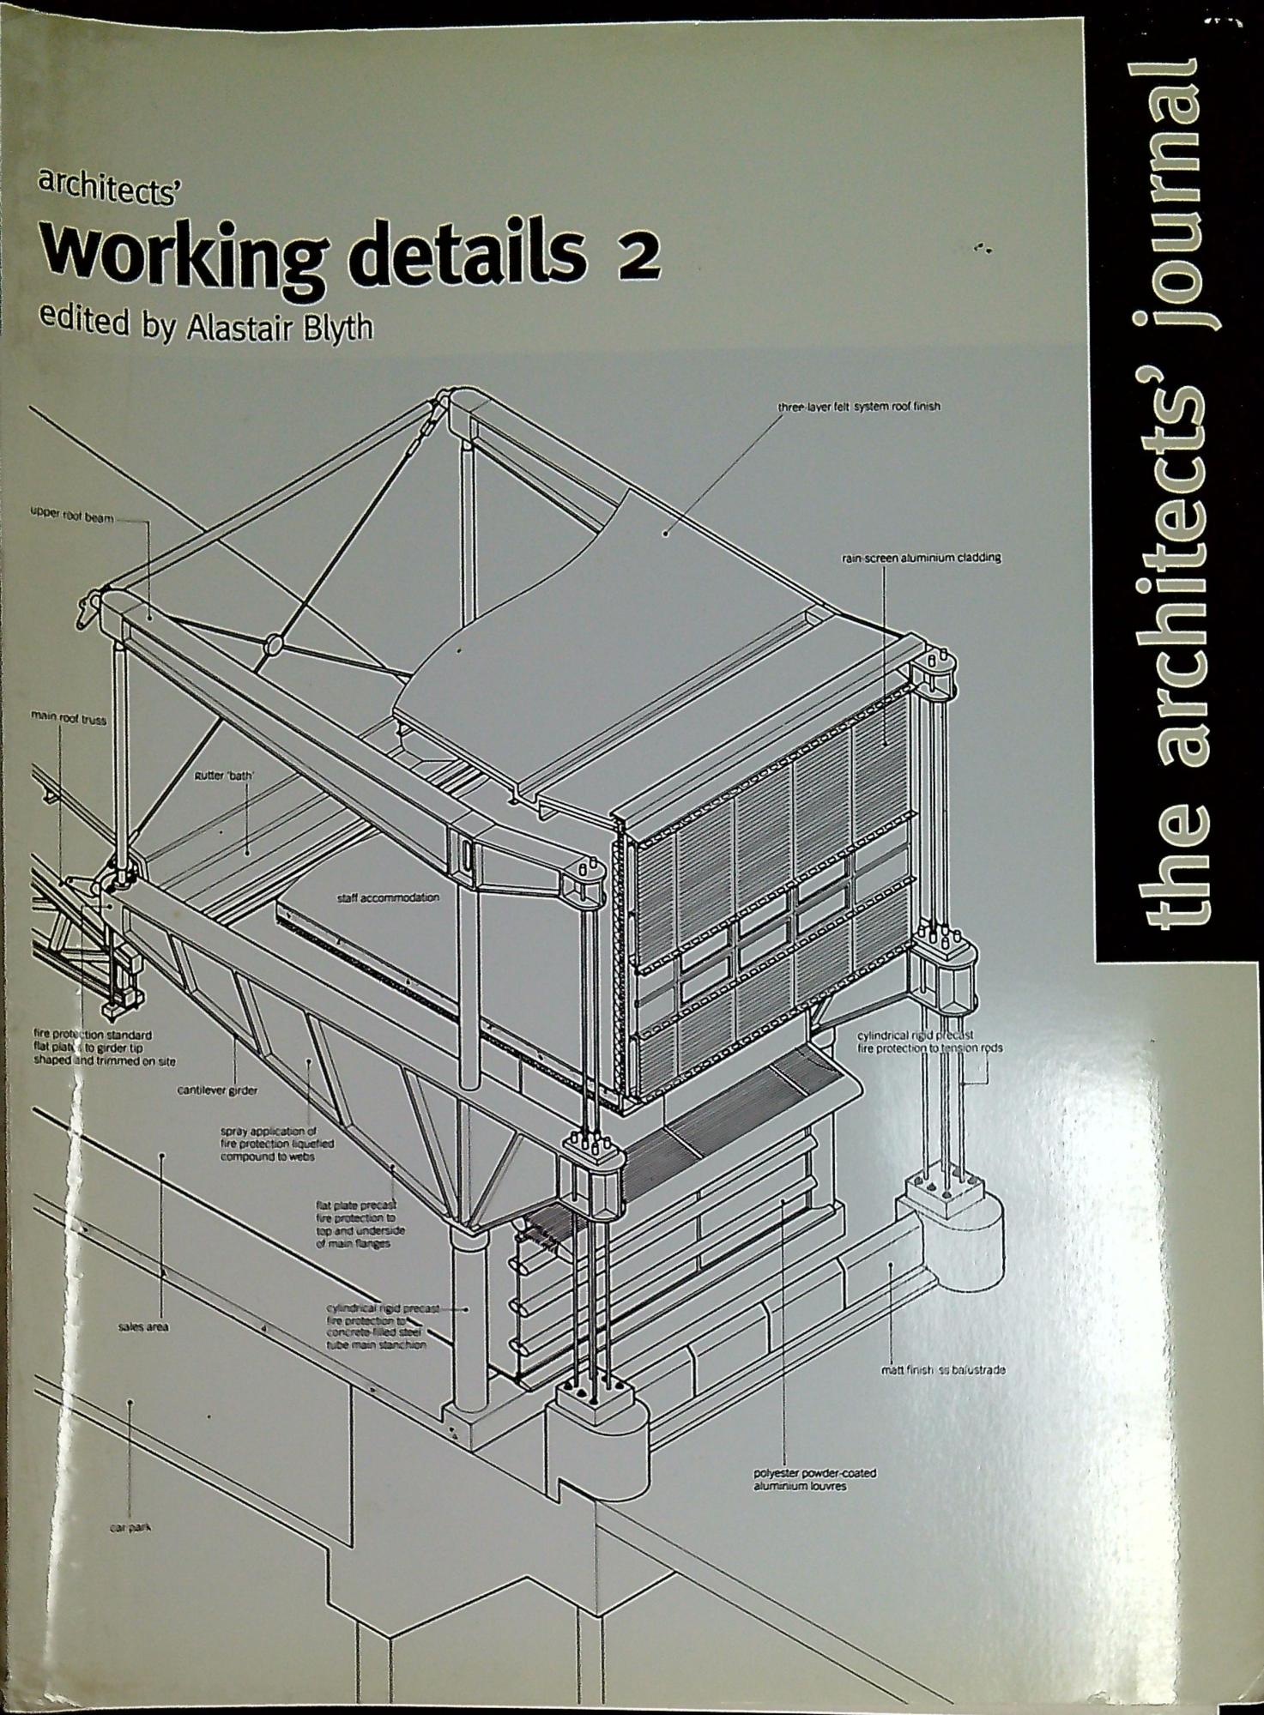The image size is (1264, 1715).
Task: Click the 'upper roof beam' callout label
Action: [72, 519]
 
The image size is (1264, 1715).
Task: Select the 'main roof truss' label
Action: [69, 720]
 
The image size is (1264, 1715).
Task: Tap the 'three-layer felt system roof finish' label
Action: [859, 407]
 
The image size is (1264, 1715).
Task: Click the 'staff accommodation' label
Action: [389, 897]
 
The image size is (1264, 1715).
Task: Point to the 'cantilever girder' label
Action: [218, 1090]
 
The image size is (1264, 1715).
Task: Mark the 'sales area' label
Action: [144, 1327]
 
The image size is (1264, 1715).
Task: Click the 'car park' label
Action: [129, 1528]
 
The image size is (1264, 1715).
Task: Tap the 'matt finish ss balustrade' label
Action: [943, 1370]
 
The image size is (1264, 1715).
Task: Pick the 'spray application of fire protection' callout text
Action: [277, 1144]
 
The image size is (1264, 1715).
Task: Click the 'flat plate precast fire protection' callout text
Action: [360, 1225]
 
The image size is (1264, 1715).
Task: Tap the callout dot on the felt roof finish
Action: [666, 532]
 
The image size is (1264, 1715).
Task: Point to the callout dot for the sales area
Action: [161, 1156]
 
